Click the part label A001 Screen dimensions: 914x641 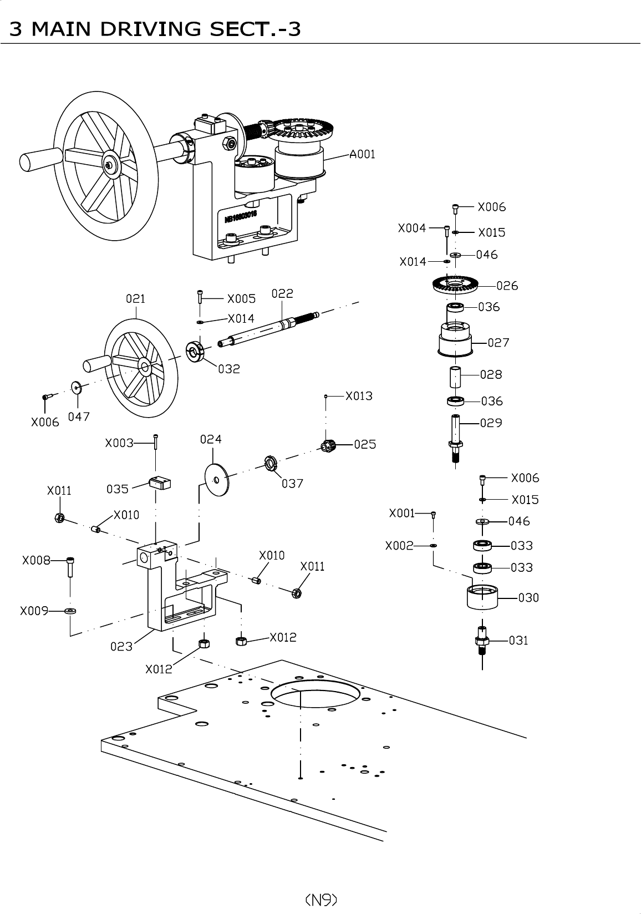(x=362, y=154)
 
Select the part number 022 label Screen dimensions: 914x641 (x=282, y=293)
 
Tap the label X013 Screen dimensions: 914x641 (x=359, y=396)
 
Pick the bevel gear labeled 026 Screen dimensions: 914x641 (x=455, y=286)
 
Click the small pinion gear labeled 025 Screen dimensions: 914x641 (x=329, y=445)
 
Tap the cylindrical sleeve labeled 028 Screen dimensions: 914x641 (x=455, y=377)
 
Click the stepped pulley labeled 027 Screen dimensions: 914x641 (x=455, y=339)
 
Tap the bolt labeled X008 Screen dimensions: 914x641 (x=70, y=567)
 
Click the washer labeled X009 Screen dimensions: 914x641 (x=70, y=611)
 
